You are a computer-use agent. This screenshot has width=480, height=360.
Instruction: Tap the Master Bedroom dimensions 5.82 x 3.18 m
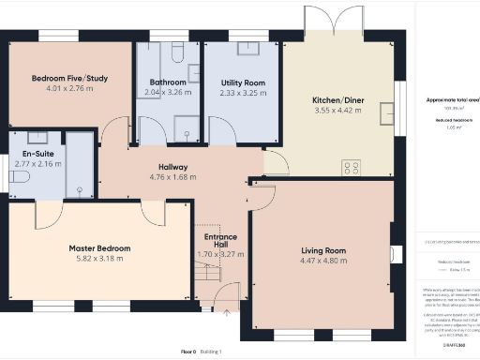pyautogui.click(x=99, y=260)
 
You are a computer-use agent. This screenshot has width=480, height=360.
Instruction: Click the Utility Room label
pyautogui.click(x=242, y=83)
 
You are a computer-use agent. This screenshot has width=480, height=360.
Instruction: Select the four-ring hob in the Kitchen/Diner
pyautogui.click(x=352, y=168)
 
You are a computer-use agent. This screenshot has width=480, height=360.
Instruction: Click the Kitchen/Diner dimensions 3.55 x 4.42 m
pyautogui.click(x=338, y=111)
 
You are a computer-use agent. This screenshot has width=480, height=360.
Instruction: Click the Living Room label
pyautogui.click(x=323, y=250)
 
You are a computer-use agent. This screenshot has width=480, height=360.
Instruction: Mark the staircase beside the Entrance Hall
pyautogui.click(x=206, y=277)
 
